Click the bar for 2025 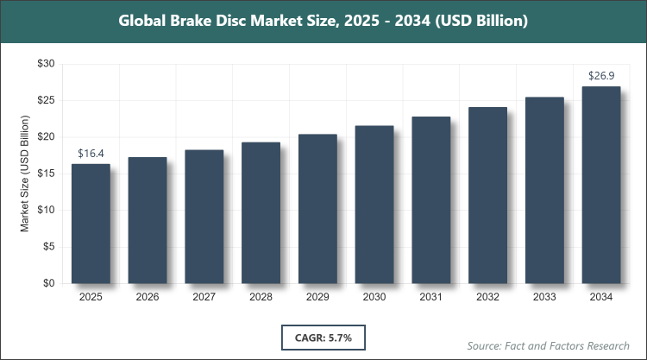coord(91,224)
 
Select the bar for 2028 coord(261,212)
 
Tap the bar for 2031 coord(431,199)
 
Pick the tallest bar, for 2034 coord(601,185)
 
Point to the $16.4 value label coord(91,154)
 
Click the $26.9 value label coord(601,77)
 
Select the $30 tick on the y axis coord(47,64)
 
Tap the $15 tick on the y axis coord(47,174)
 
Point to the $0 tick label coord(50,283)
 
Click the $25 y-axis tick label coord(47,100)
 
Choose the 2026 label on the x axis coord(148,297)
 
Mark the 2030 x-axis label coord(374,297)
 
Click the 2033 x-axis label coord(544,297)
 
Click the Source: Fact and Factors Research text coord(550,344)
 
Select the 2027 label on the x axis coord(204,297)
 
